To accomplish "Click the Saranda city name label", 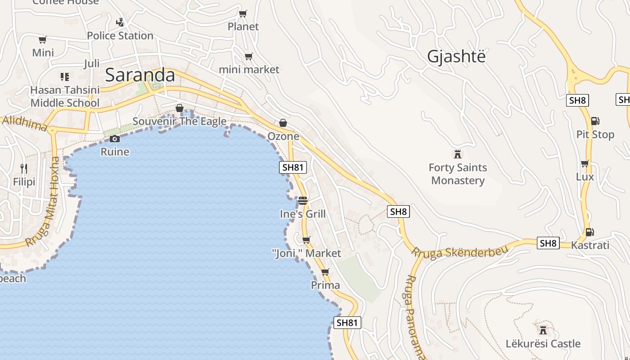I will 140,75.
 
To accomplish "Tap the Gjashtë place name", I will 457,57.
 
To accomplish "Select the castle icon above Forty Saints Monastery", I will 458,154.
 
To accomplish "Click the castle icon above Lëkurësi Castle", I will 543,329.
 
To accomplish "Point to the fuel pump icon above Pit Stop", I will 595,121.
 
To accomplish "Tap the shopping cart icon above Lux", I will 585,163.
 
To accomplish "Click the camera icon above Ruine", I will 115,139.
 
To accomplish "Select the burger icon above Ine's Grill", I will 302,200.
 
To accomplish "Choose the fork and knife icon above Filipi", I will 24,169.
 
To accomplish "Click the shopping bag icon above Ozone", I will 283,123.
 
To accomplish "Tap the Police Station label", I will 120,36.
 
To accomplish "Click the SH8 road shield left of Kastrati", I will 548,243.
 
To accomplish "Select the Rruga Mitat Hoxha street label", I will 43,201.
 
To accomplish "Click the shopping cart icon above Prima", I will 325,272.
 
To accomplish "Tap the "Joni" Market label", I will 307,253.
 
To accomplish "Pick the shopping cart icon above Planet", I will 243,14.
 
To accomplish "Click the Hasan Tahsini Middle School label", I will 65,96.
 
